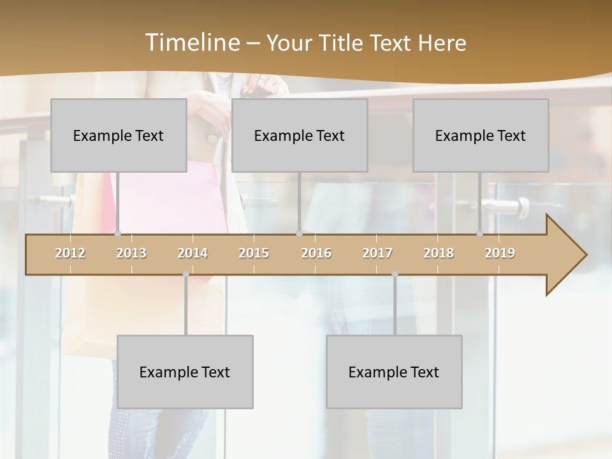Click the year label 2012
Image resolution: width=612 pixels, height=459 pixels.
pos(70,253)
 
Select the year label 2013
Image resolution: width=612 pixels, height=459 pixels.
pos(131,253)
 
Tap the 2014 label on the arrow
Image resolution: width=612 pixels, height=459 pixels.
pos(193,253)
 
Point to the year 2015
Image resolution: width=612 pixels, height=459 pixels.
pos(254,253)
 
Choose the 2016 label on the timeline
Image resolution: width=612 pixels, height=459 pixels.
pos(316,253)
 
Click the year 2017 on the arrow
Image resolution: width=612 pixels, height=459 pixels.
pos(377,253)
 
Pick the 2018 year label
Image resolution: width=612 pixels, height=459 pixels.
pos(439,253)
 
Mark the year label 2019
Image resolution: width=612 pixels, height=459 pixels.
pos(500,253)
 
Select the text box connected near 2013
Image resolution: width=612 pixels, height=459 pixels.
pos(119,135)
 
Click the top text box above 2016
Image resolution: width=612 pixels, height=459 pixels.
pos(300,135)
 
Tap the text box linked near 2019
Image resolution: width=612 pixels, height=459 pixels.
pos(481,135)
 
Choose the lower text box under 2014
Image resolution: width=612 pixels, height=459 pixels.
pos(185,372)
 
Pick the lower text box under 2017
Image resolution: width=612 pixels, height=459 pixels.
pos(394,372)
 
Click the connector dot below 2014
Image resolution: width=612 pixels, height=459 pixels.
pos(186,273)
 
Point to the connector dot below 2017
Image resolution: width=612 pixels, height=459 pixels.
pos(395,273)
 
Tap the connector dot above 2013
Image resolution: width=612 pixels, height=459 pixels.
pos(117,234)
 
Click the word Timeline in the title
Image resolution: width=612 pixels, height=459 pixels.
pos(191,43)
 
